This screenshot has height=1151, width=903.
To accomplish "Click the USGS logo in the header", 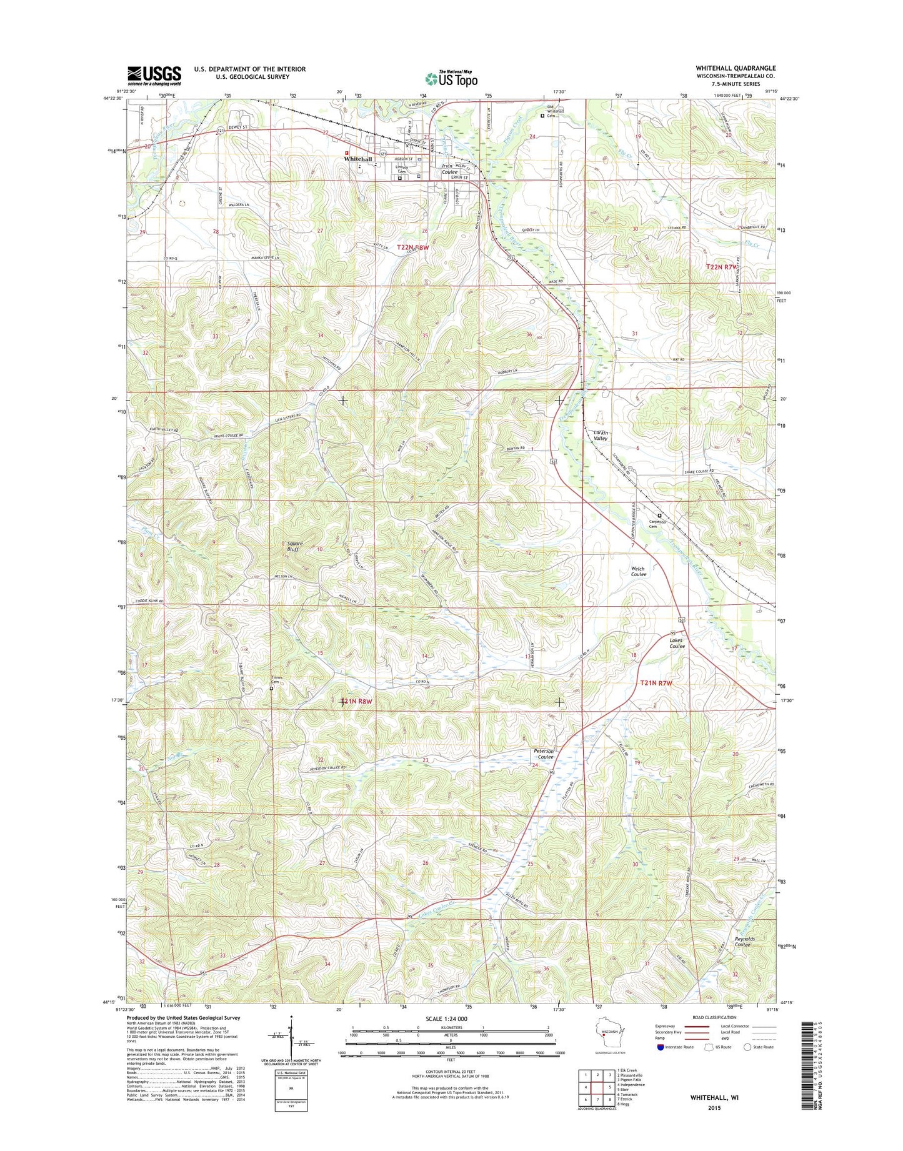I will (x=154, y=75).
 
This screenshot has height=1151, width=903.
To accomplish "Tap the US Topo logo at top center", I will (x=451, y=78).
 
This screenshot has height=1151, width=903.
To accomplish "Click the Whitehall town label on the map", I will (x=358, y=159).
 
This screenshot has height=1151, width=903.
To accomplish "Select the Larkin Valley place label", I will (x=600, y=436).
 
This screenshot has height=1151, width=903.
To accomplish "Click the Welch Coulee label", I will (x=638, y=571).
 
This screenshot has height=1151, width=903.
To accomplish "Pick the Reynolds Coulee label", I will (x=744, y=942).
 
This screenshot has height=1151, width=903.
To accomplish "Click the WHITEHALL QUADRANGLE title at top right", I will (x=736, y=68).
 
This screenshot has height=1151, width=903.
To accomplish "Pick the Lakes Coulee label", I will (x=677, y=643).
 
